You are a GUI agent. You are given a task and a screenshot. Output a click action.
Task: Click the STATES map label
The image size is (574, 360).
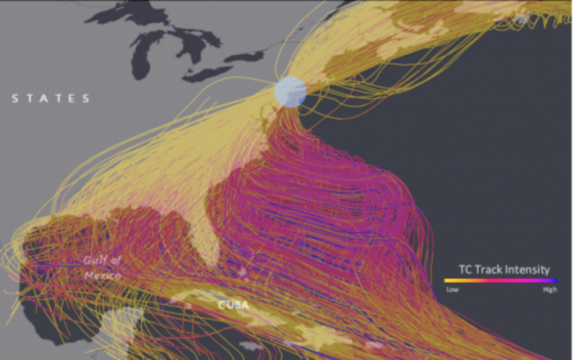[x=50, y=98]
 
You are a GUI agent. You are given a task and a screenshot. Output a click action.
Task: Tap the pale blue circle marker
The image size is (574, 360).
[x=290, y=91]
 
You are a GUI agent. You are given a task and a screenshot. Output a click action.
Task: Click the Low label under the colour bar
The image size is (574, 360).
[x=452, y=289]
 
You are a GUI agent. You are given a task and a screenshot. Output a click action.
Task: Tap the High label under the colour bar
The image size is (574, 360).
[x=549, y=289]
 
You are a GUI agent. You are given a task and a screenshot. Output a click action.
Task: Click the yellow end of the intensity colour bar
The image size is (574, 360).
[x=449, y=280]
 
